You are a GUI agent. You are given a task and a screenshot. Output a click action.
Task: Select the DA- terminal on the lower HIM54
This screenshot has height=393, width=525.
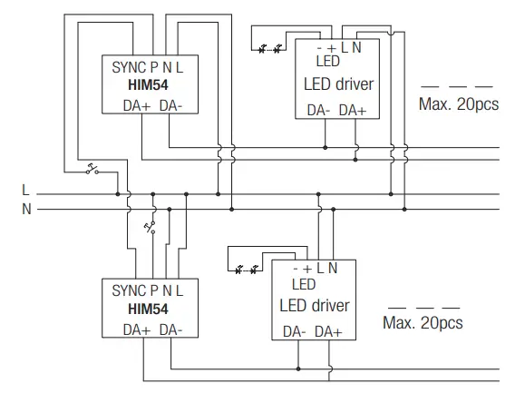[178, 330]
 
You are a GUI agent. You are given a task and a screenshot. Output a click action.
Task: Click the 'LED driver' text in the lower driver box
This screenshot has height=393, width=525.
[313, 306]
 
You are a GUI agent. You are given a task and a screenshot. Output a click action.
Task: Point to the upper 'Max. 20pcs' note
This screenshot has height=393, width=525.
[458, 103]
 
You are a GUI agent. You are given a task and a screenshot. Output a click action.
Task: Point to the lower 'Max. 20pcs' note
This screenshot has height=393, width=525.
[423, 322]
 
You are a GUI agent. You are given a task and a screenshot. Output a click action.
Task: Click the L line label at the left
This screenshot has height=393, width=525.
[26, 192]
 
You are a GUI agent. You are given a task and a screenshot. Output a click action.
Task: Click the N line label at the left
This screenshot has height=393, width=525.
[26, 209]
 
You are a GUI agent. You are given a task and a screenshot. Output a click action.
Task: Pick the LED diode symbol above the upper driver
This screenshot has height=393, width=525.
[269, 45]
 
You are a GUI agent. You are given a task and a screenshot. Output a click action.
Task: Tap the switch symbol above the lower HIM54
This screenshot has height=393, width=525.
[151, 226]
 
